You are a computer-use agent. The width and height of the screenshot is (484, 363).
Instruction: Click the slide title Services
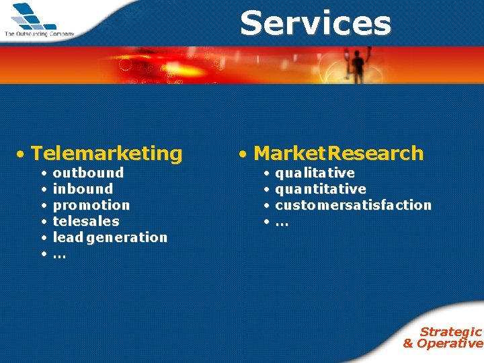click(315, 24)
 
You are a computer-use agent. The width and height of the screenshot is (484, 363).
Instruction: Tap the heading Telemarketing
click(106, 154)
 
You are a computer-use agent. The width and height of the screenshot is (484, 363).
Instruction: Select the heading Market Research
click(338, 154)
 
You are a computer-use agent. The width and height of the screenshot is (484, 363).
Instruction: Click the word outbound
click(88, 173)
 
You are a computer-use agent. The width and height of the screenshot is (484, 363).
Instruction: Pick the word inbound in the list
click(83, 189)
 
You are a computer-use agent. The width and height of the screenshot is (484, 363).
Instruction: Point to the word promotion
click(91, 205)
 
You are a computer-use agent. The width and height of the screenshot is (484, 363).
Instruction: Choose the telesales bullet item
click(86, 221)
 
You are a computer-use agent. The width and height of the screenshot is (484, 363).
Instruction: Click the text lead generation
click(110, 237)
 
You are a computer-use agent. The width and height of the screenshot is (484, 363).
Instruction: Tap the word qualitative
click(315, 173)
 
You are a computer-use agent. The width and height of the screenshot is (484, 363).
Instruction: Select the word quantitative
click(321, 189)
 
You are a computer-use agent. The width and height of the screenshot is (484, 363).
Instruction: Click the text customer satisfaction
click(353, 205)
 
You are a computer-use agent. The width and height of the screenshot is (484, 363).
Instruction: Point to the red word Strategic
click(450, 331)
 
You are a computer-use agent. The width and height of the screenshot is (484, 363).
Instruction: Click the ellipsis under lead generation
click(59, 255)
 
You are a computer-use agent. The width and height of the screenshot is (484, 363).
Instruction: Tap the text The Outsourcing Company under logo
click(39, 33)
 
